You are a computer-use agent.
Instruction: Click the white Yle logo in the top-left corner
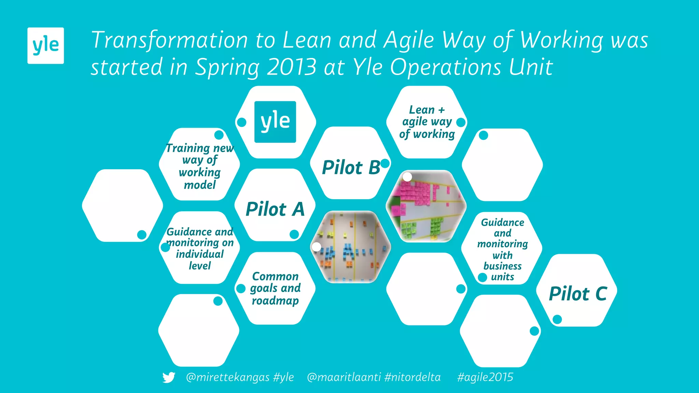45,45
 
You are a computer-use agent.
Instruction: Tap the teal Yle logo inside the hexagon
275,122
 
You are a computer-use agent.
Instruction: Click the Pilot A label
275,209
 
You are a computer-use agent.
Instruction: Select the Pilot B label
351,168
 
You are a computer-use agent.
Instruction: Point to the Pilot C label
578,294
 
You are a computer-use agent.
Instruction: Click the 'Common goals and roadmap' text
275,288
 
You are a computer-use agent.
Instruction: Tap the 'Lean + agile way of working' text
427,122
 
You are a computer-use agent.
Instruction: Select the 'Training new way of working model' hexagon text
200,166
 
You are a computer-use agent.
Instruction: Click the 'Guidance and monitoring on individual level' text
200,248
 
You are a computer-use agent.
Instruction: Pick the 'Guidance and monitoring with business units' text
502,249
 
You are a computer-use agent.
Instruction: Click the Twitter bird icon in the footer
169,377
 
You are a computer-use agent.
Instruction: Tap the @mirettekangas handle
228,377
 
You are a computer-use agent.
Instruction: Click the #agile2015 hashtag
485,377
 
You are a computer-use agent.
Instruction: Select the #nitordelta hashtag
412,377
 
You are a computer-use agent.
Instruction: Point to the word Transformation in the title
169,40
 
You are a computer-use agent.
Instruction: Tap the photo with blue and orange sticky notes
351,247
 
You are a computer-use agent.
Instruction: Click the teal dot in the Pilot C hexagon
557,319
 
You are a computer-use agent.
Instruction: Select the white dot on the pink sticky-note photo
407,177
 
